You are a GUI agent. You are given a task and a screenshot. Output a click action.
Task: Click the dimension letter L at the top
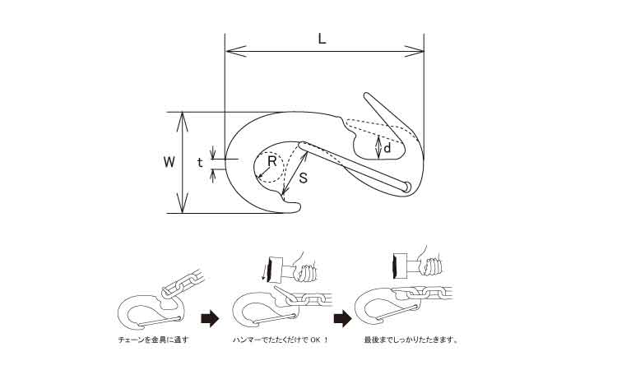click(x=322, y=39)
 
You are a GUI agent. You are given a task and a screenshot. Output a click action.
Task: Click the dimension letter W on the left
click(x=169, y=162)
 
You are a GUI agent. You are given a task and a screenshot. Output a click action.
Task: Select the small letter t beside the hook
click(x=200, y=163)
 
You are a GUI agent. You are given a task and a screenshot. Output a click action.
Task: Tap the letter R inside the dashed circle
click(x=272, y=161)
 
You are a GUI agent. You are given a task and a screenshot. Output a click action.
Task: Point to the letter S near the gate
click(x=303, y=178)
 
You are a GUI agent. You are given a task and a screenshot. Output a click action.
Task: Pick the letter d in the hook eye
click(x=387, y=148)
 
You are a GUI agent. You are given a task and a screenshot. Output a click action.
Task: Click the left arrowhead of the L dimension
click(x=236, y=51)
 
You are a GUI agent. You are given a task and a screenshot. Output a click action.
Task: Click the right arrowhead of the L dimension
click(x=414, y=51)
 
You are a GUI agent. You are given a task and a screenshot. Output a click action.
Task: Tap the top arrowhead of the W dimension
click(x=182, y=122)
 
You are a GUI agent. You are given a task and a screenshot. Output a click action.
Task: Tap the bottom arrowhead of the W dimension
click(x=182, y=203)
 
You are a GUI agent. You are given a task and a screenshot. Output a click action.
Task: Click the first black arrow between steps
click(x=210, y=318)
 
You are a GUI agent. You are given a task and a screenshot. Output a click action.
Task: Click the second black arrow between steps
click(x=343, y=318)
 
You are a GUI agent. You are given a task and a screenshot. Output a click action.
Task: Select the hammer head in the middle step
click(x=275, y=270)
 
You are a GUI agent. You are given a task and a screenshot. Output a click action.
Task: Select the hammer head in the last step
click(x=400, y=266)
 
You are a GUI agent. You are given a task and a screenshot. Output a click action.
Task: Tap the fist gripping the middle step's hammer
click(x=306, y=273)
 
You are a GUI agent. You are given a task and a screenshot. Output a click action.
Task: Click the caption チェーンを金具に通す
click(x=154, y=340)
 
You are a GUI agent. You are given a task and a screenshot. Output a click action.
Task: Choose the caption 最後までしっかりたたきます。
click(x=411, y=340)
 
